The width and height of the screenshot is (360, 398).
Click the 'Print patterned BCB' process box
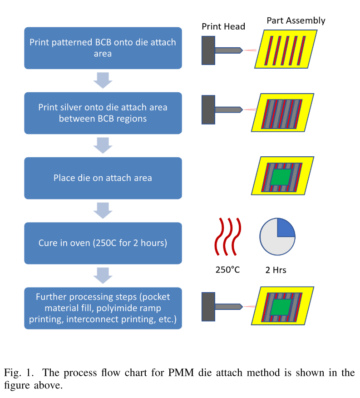pos(103,48)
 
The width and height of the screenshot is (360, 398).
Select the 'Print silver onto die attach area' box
pos(103,113)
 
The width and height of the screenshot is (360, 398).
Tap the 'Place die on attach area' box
pos(103,178)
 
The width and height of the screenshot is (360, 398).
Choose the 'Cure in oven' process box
pos(103,243)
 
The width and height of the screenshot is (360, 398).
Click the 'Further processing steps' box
pos(103,308)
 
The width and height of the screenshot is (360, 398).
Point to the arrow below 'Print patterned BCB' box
pos(103,81)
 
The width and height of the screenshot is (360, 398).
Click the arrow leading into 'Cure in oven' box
pos(103,211)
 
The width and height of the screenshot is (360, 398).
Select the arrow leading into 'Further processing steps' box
pos(103,276)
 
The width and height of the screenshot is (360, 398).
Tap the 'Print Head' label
pos(223,26)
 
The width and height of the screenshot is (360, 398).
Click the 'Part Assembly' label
pos(296,20)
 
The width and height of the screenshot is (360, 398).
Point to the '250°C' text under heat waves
pos(227,270)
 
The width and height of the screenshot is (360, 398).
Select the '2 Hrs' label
pos(276,270)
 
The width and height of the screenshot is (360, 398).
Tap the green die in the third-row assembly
pos(281,177)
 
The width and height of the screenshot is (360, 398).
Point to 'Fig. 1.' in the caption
pos(19,373)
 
